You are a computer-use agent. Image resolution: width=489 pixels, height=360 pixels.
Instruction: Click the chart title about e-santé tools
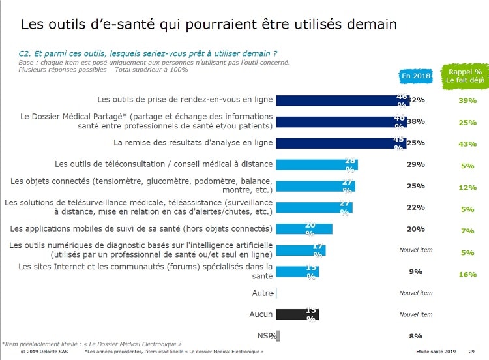point(209,25)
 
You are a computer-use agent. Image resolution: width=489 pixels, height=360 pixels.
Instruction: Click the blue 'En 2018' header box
point(415,76)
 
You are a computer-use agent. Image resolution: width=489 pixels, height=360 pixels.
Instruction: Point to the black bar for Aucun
point(297,314)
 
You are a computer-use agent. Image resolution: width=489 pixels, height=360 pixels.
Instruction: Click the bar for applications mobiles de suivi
point(304,229)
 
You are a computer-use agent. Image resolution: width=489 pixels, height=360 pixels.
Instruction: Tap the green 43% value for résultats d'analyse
point(467,143)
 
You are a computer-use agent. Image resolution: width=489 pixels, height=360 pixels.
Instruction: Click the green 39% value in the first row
point(467,100)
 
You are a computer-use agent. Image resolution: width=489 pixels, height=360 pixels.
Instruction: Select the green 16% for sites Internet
point(467,274)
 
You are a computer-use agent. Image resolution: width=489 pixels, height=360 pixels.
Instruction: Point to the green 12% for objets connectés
point(467,187)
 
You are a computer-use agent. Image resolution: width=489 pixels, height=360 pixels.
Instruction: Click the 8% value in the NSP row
point(415,336)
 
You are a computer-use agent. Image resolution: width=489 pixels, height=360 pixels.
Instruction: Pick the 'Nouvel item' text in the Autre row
point(415,293)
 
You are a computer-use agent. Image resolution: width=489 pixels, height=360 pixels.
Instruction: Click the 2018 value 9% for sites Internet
point(415,271)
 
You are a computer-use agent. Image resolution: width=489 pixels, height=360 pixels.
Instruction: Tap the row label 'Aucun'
point(261,314)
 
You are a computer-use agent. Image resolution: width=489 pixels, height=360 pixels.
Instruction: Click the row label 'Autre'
point(262,293)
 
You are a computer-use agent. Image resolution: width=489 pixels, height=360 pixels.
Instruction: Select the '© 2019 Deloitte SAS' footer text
point(44,352)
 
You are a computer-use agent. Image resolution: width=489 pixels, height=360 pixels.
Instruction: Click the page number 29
point(471,352)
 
